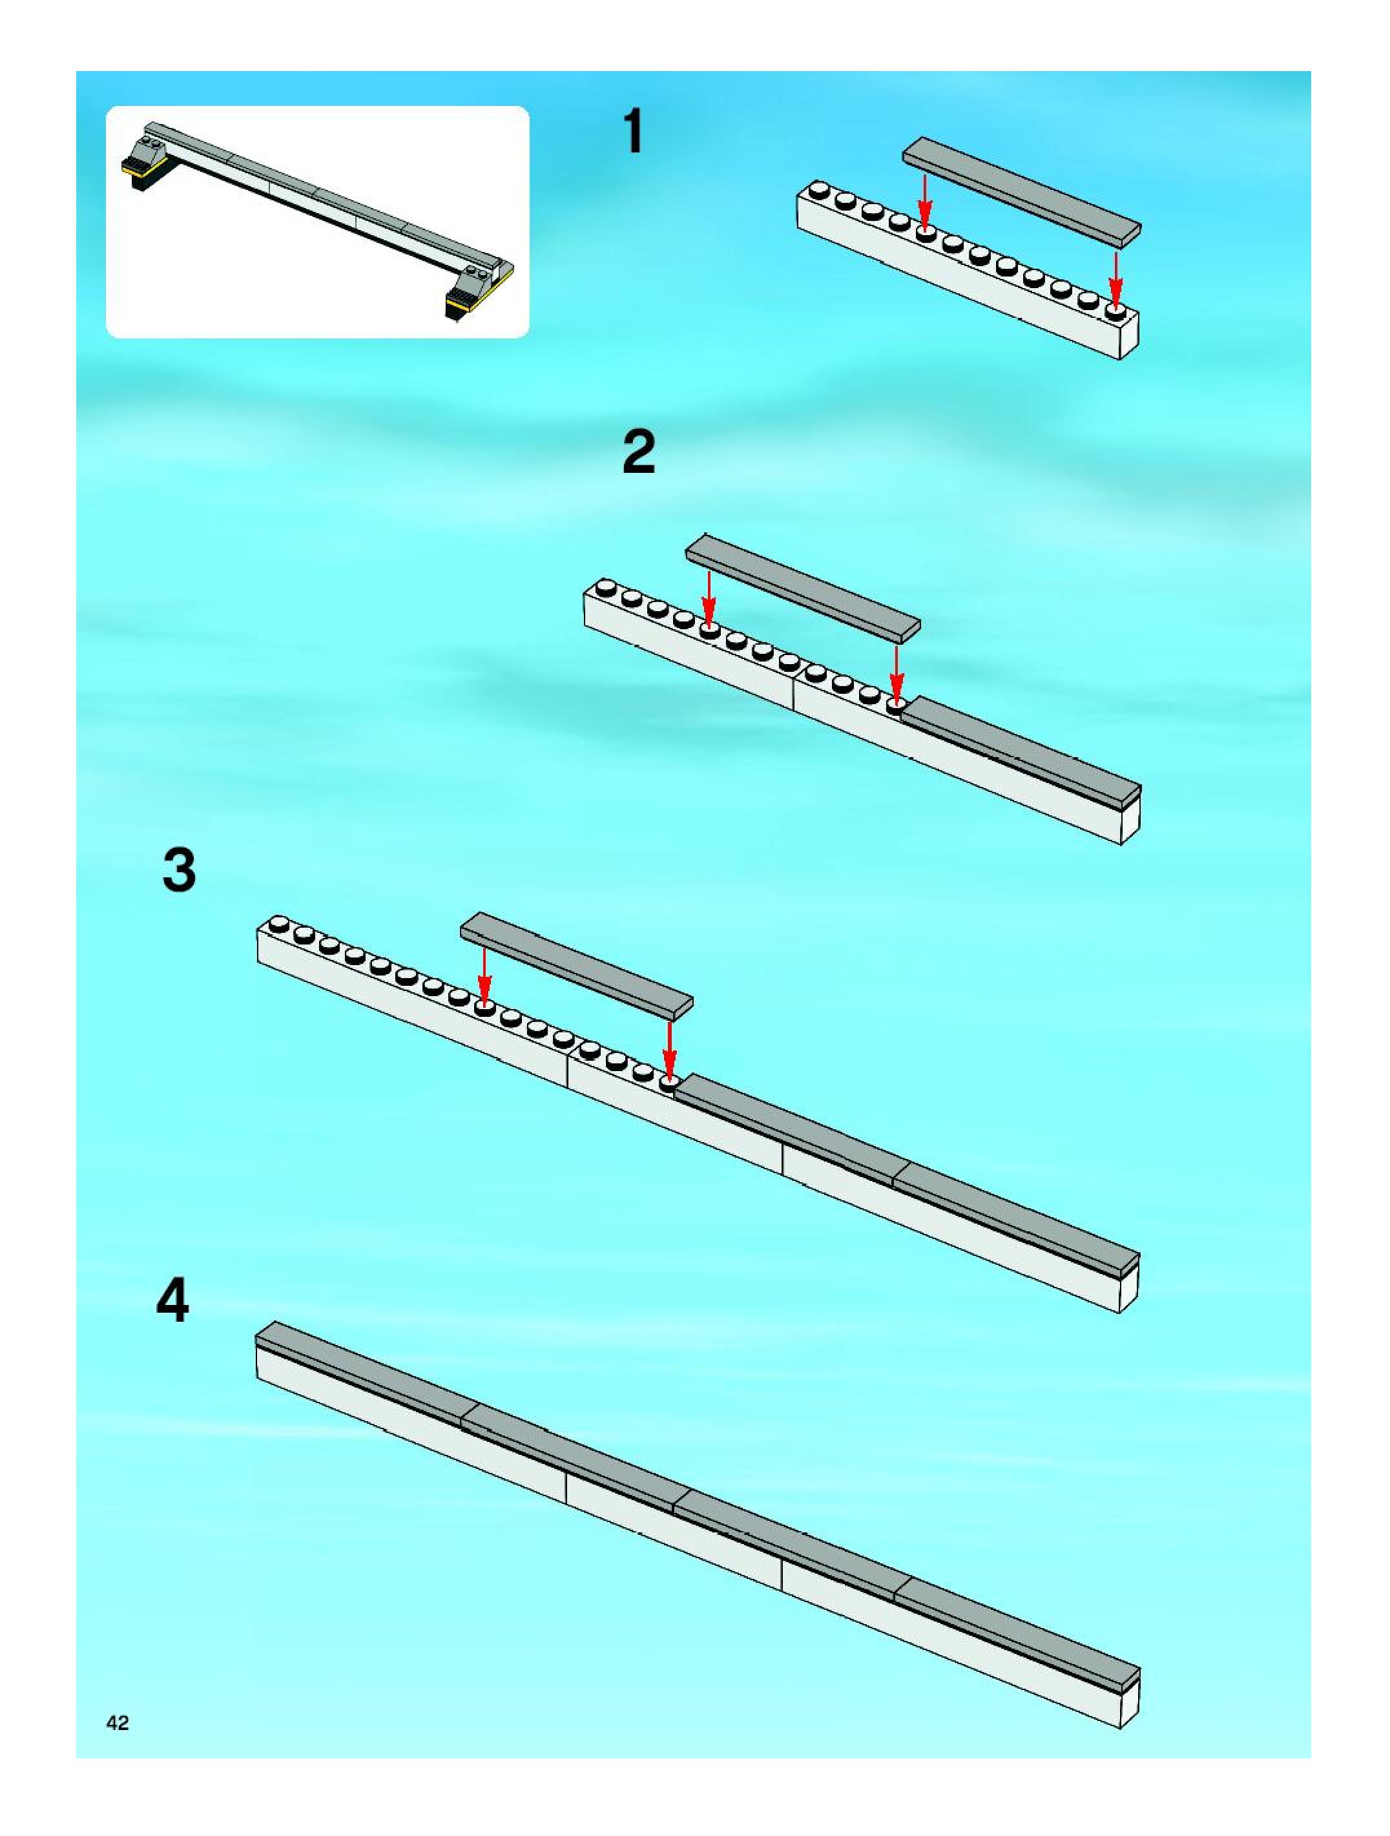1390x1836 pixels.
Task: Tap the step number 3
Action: coord(180,870)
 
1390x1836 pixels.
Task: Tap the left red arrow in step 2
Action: coord(708,594)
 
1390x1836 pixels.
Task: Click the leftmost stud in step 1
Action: coord(820,190)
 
